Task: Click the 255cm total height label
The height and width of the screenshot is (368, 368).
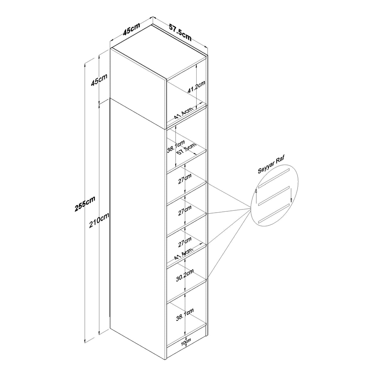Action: (x=85, y=204)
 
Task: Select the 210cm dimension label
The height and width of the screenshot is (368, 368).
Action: (x=99, y=220)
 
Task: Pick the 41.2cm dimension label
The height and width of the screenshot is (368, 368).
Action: (x=196, y=87)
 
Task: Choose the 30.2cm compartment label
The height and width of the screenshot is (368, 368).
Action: (x=185, y=275)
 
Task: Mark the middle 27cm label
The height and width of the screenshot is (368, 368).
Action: (x=185, y=210)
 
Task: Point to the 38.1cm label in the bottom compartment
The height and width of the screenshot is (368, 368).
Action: (x=185, y=314)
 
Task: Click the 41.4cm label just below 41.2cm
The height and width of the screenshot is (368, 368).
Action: (x=183, y=113)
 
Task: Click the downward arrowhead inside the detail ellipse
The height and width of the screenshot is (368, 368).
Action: (x=291, y=200)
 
